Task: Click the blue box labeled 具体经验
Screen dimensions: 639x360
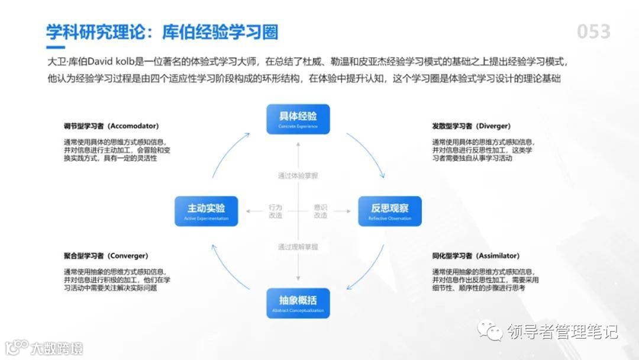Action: click(298, 119)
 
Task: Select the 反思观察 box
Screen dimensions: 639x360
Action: click(389, 211)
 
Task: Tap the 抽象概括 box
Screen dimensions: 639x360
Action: click(298, 303)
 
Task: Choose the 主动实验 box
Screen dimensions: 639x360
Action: click(206, 211)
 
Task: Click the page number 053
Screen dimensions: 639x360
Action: click(593, 31)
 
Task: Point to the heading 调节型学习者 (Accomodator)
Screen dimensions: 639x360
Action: click(111, 126)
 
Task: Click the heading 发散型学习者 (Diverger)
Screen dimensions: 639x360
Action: click(472, 126)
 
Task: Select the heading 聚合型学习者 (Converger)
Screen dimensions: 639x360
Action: click(105, 256)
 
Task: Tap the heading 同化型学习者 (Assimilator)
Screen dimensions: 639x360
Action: click(476, 256)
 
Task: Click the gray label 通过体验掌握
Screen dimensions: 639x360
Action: click(298, 175)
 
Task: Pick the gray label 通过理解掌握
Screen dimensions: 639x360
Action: click(298, 246)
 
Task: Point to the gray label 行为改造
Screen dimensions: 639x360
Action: click(275, 211)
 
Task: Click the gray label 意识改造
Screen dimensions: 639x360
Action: click(320, 211)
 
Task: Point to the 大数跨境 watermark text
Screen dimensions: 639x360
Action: click(57, 348)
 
